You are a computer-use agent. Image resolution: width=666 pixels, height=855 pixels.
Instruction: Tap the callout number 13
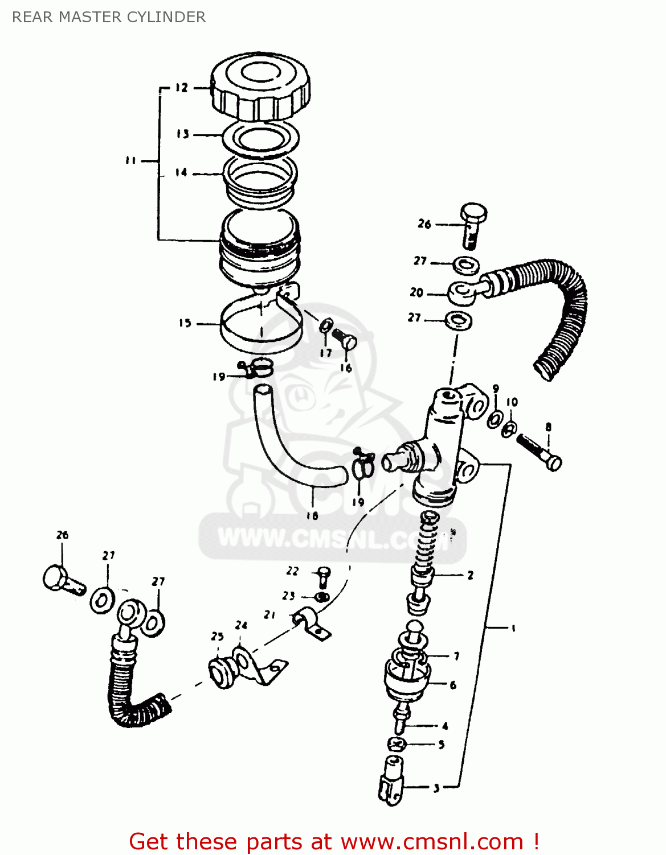click(x=182, y=134)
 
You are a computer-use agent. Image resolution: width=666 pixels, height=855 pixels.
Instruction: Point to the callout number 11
click(x=130, y=161)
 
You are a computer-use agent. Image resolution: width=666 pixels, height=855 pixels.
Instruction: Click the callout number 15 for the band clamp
click(x=185, y=323)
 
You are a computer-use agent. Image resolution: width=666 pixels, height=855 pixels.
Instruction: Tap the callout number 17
click(x=325, y=353)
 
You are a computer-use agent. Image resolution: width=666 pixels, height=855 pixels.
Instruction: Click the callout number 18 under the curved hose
click(x=312, y=515)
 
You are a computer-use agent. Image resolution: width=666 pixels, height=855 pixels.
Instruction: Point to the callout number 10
click(x=512, y=402)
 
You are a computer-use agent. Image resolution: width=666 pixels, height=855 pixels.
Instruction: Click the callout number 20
click(x=416, y=292)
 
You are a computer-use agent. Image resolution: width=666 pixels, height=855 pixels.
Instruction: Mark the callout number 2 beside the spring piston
click(x=470, y=575)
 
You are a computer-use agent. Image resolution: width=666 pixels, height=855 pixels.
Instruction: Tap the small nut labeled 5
click(x=397, y=744)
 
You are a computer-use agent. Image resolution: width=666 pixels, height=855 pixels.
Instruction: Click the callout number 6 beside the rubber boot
click(x=453, y=685)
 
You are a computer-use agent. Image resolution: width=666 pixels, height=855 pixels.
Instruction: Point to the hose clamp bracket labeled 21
click(x=311, y=624)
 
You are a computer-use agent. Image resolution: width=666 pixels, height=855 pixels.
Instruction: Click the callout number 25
click(x=217, y=636)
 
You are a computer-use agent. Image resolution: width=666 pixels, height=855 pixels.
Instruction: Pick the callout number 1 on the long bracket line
click(x=513, y=628)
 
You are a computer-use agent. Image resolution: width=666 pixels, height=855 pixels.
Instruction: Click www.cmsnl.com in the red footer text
click(x=431, y=841)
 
